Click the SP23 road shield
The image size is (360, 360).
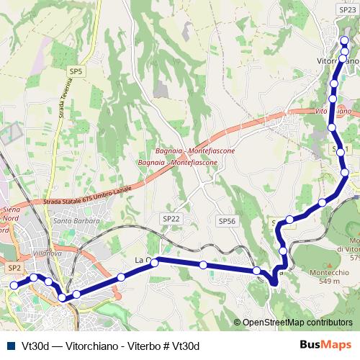point(346,10)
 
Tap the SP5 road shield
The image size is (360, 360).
point(76,71)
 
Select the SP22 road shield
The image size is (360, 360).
point(171,218)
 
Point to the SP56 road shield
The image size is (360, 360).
point(227,221)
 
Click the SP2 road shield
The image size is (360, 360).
point(14,267)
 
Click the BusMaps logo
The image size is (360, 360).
point(326,345)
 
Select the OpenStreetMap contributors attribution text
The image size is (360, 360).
point(297,323)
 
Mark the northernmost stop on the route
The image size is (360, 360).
point(345,40)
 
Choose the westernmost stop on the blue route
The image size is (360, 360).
point(14,285)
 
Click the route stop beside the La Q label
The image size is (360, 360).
point(155,263)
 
